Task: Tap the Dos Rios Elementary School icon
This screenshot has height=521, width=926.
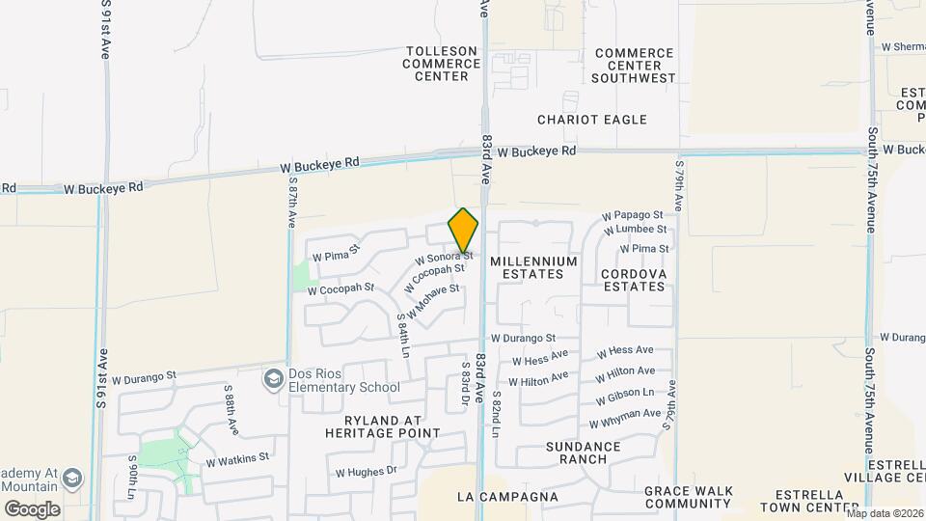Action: tap(275, 379)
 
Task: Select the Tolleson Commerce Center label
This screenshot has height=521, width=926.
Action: tap(442, 64)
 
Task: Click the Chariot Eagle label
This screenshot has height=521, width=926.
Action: tap(592, 120)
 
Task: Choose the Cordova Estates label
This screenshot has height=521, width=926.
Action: tap(633, 280)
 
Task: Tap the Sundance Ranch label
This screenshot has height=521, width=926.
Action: tap(583, 452)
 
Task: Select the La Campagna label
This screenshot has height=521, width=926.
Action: tap(507, 497)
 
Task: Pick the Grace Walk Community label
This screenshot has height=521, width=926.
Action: tap(689, 497)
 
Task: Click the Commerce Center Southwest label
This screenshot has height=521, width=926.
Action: tap(634, 65)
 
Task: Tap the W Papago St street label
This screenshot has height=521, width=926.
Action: tap(632, 215)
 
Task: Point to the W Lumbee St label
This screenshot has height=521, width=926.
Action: tap(635, 230)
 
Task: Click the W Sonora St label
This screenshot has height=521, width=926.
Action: tap(444, 259)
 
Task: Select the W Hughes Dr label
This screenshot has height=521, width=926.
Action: tap(366, 472)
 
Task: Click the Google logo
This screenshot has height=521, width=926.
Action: tap(32, 508)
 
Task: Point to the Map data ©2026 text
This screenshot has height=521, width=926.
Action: tap(885, 513)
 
